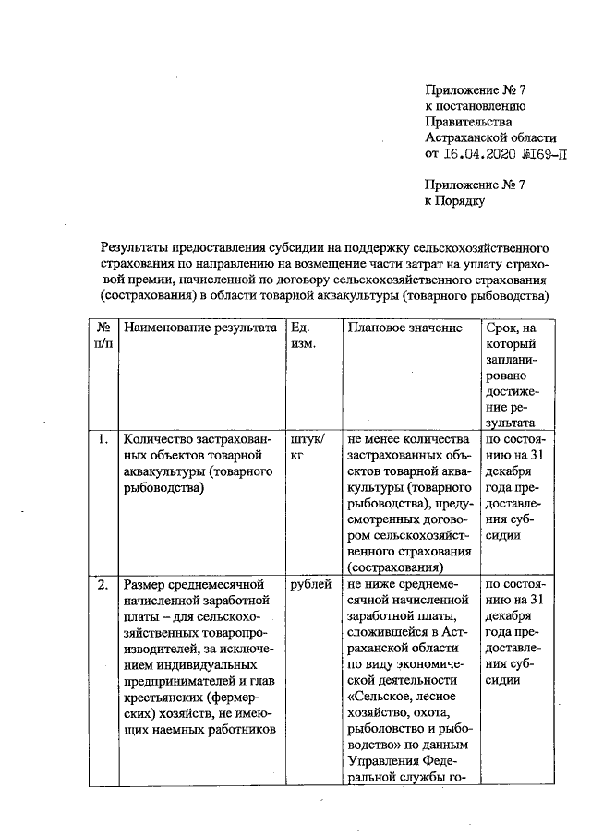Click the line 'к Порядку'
coord(455,200)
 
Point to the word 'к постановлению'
coord(476,106)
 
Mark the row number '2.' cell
coord(103,584)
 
